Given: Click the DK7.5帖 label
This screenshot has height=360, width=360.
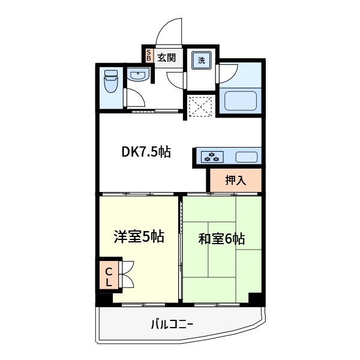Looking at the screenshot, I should click(146, 152).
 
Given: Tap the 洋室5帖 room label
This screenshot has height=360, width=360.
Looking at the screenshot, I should click(139, 236).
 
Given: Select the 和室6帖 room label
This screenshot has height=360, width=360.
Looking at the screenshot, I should click(221, 238).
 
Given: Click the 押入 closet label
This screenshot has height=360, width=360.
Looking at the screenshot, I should click(235, 179).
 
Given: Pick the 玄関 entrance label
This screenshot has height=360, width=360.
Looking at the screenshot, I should click(167, 58).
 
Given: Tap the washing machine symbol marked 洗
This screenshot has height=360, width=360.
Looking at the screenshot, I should click(202, 60).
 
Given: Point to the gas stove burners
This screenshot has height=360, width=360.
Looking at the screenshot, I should click(211, 157).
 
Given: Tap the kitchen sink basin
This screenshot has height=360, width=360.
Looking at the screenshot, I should click(246, 157).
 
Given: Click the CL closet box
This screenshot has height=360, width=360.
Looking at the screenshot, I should click(109, 275).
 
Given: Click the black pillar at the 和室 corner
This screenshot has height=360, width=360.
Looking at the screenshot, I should click(255, 298).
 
